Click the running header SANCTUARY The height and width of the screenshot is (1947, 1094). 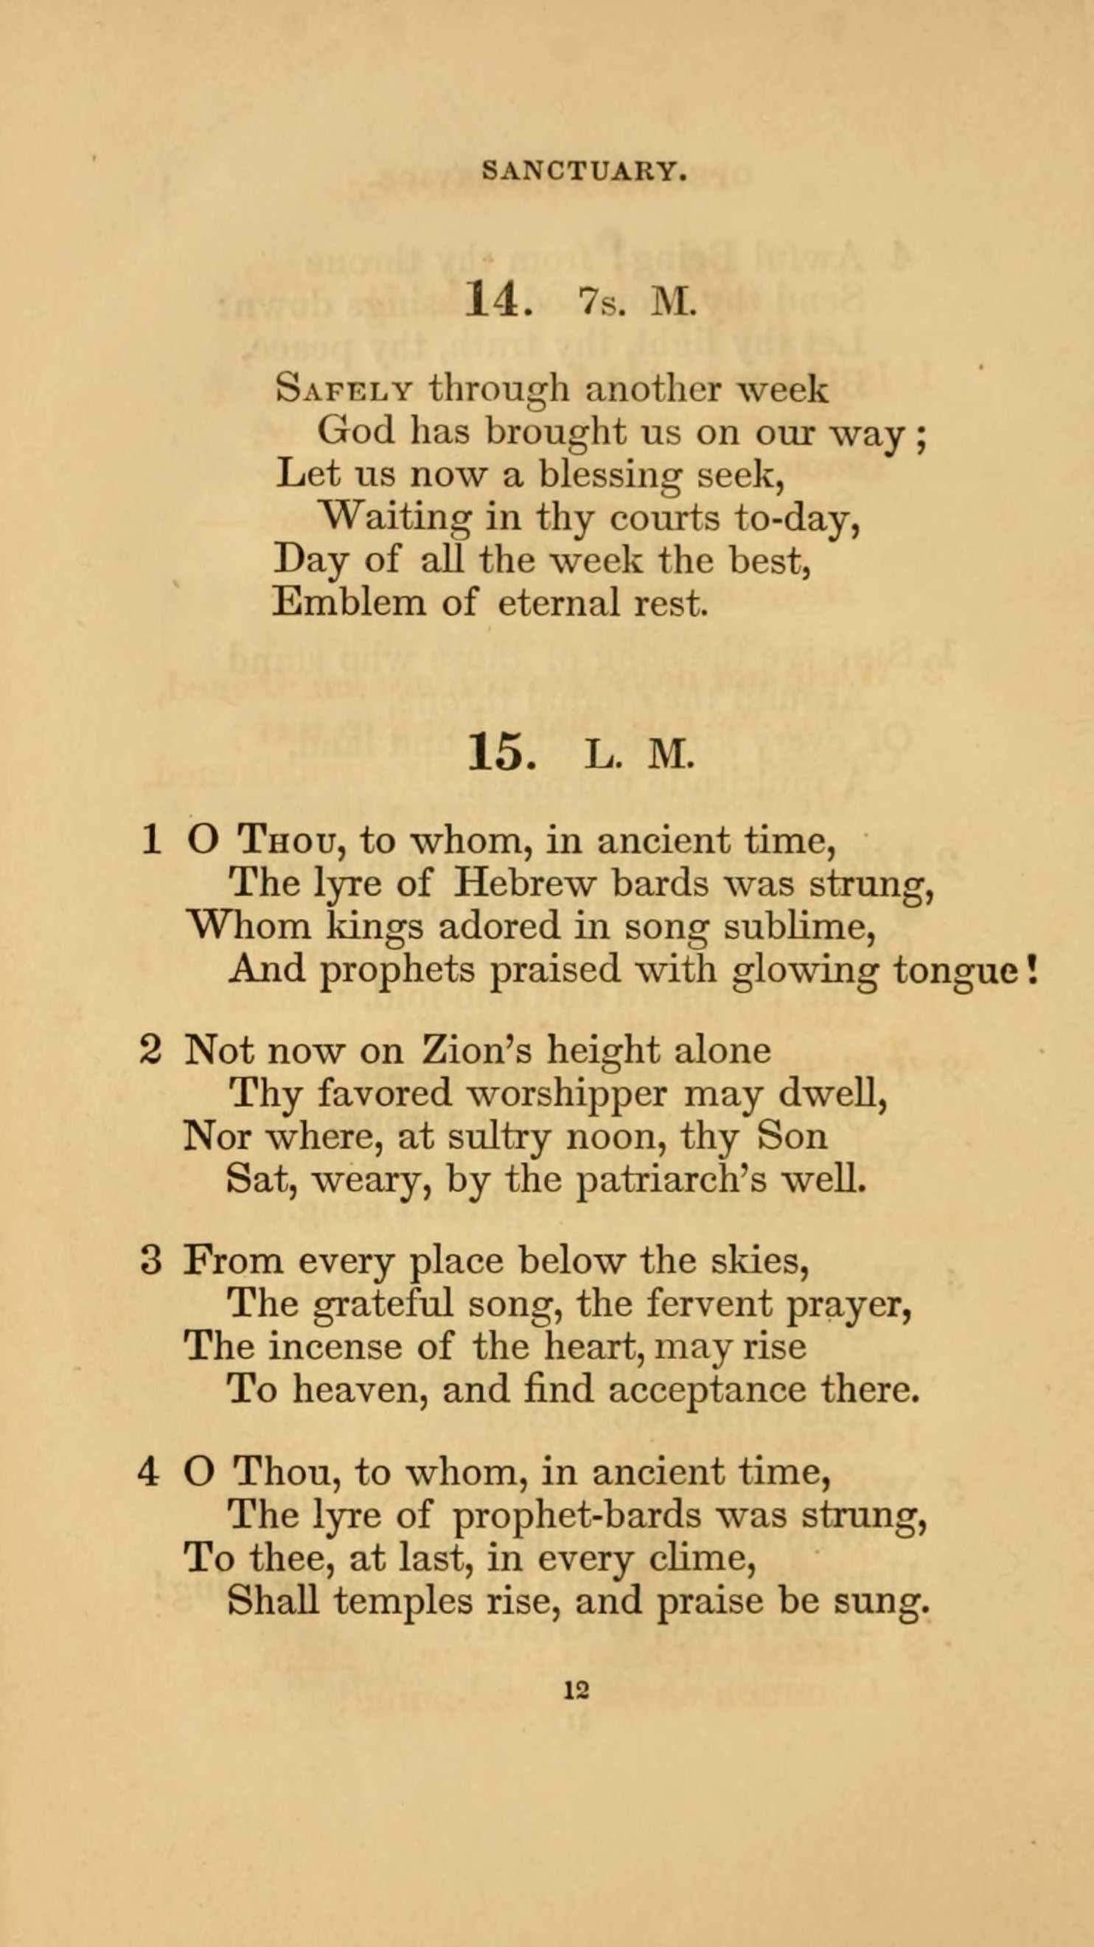click(585, 172)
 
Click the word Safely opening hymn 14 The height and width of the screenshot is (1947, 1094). click(344, 391)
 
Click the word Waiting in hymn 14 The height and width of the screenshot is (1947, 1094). click(393, 518)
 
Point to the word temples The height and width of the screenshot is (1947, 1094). click(403, 1600)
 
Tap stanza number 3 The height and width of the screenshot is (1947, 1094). click(151, 1261)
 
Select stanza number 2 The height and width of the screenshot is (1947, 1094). click(151, 1051)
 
